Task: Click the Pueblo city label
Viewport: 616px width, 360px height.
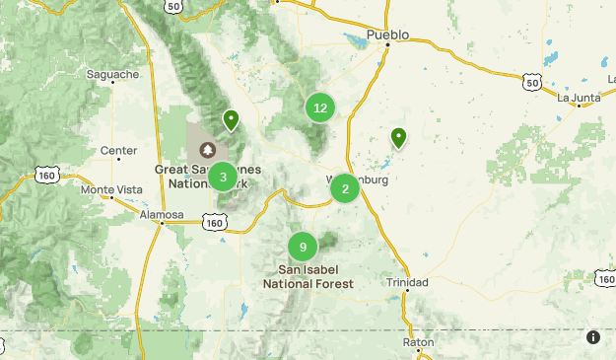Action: [386, 36]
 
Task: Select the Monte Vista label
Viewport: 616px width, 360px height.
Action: [110, 189]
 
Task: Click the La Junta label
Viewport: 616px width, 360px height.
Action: [578, 98]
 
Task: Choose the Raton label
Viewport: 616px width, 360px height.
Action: [418, 342]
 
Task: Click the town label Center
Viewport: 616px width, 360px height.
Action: [118, 151]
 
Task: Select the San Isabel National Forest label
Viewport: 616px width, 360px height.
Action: [308, 276]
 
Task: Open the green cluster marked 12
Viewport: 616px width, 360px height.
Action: [319, 108]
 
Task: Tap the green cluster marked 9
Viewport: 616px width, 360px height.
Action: [304, 247]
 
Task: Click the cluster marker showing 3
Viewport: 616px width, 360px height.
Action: [223, 178]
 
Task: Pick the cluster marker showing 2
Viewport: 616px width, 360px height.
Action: [344, 187]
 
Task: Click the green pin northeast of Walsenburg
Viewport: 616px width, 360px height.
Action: [398, 137]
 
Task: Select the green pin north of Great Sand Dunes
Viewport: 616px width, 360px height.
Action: [231, 119]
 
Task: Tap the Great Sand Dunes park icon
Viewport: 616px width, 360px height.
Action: [208, 150]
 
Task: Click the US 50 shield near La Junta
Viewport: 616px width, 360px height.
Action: [532, 83]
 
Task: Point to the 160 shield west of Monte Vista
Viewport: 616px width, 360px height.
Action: [46, 175]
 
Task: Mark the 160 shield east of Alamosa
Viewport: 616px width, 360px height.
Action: [215, 224]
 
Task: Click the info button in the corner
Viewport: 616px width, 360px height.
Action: [593, 337]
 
